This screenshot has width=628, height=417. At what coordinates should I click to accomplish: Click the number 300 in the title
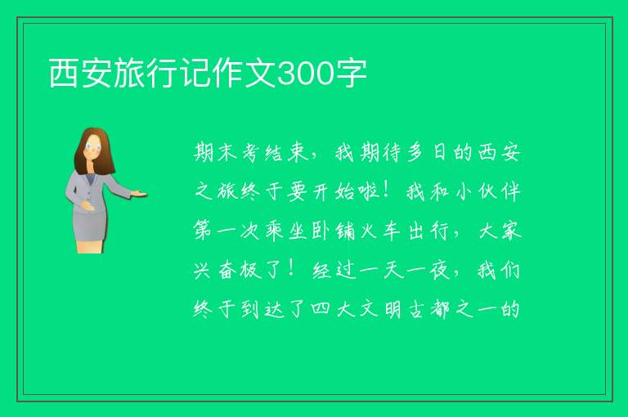(306, 74)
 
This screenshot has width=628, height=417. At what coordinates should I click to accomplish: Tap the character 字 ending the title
(351, 73)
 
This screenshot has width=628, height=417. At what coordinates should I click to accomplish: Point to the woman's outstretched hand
(138, 194)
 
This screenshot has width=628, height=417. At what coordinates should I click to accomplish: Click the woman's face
(94, 148)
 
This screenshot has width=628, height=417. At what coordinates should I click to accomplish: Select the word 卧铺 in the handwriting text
(334, 231)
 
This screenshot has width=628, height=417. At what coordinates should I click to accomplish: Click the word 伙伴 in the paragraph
(500, 192)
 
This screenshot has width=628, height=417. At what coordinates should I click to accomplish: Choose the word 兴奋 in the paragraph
(215, 271)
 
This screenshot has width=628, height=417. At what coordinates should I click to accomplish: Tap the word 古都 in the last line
(429, 309)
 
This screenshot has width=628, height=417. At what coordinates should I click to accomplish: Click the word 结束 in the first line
(287, 153)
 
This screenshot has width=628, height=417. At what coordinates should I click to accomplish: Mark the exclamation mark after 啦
(386, 191)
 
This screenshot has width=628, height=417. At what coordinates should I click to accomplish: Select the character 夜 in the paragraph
(440, 271)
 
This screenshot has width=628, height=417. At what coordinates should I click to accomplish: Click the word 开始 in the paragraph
(334, 192)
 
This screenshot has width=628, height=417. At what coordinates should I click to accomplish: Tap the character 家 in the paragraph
(511, 231)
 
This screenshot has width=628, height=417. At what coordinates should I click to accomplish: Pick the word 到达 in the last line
(262, 309)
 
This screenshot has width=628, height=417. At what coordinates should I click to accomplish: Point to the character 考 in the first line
(251, 153)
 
